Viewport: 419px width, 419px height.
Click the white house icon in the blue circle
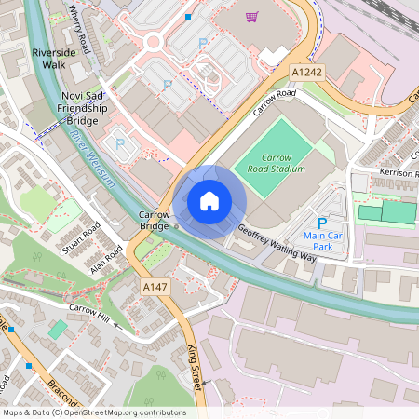209,201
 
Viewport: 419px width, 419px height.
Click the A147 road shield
155,289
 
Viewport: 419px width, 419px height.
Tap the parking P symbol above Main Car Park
322,223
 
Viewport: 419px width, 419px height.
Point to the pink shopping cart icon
250,17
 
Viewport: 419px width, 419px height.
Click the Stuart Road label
79,240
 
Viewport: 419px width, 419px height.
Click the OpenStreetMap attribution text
93,412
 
